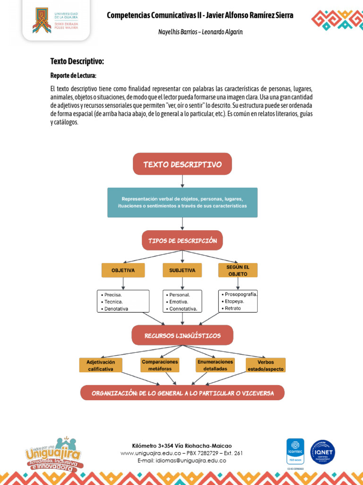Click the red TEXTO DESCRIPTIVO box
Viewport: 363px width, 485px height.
point(182,164)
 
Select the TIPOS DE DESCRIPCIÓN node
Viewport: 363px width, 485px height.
point(182,240)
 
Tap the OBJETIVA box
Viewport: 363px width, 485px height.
point(123,270)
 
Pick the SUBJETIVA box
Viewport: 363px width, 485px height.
point(182,270)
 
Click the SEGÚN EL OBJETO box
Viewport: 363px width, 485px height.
point(238,270)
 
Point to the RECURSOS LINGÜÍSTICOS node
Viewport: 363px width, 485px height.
point(182,335)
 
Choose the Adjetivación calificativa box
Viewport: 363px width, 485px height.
point(101,365)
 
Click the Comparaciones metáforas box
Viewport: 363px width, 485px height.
point(160,365)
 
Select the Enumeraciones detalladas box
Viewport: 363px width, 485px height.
point(215,365)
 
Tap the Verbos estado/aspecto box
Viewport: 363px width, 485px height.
point(266,365)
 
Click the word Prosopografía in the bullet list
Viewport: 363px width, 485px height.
point(241,295)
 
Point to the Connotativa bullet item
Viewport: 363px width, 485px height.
point(182,309)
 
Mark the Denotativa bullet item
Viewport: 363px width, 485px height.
point(114,309)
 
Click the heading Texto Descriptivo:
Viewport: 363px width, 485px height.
point(77,61)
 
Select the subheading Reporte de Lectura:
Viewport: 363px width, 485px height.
point(73,75)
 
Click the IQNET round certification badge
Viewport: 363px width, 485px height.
point(322,452)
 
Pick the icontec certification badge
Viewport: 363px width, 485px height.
point(295,451)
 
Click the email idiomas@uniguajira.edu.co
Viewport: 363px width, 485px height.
point(182,460)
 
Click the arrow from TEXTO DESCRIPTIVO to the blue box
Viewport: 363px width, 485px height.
point(182,181)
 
